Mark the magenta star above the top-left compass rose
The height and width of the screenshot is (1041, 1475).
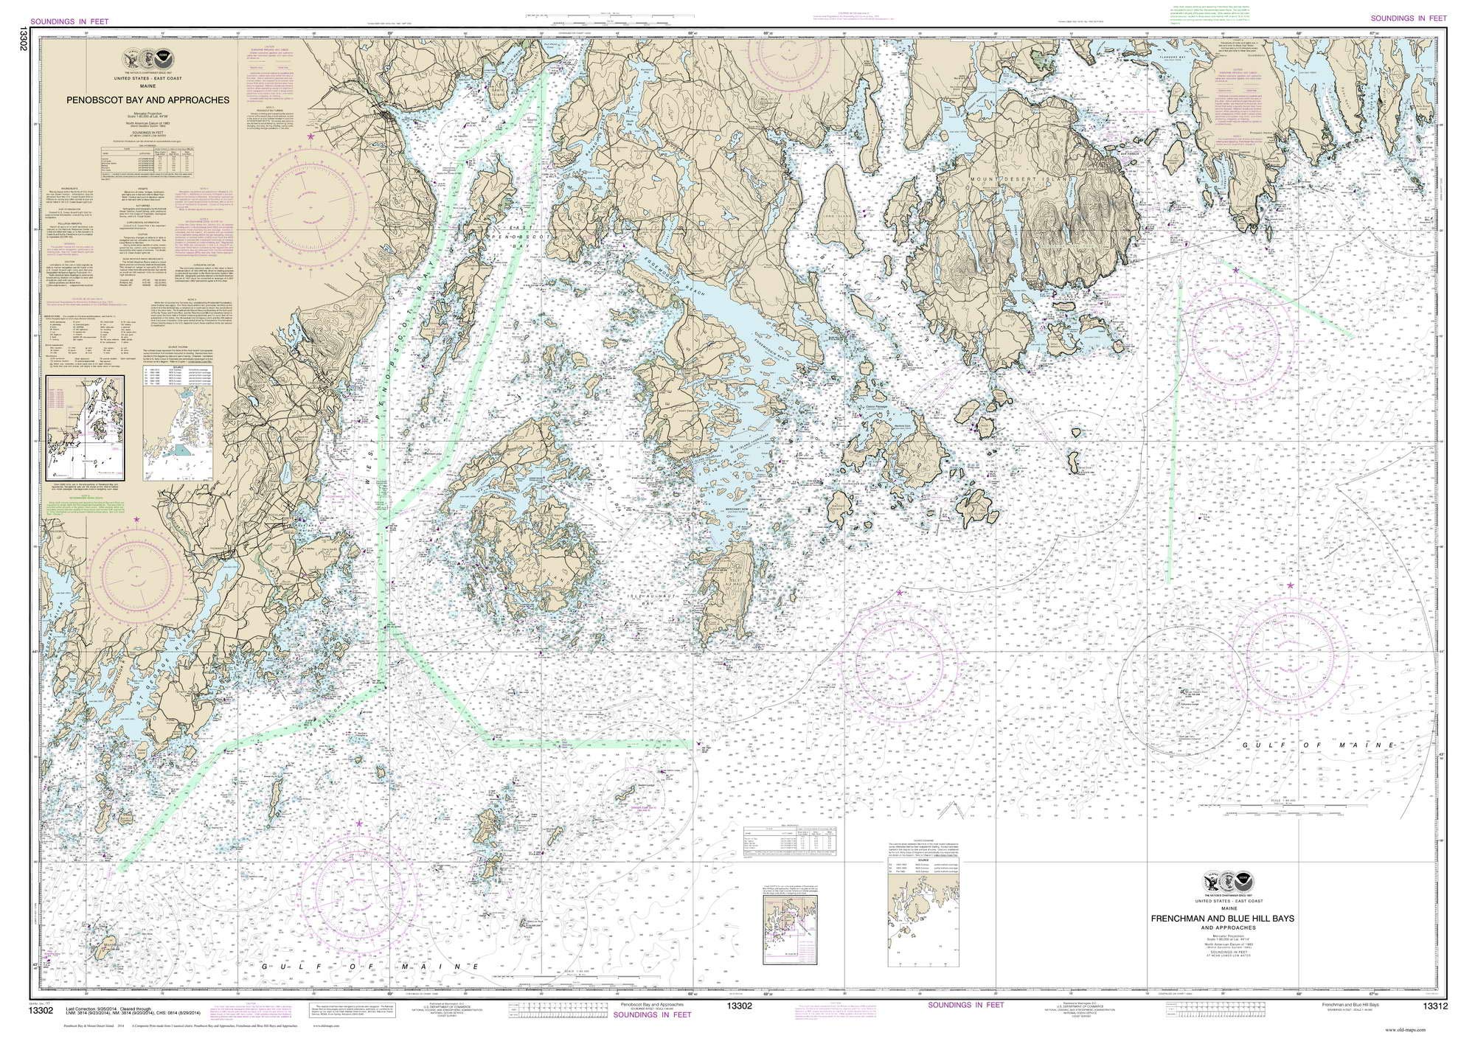[310, 137]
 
